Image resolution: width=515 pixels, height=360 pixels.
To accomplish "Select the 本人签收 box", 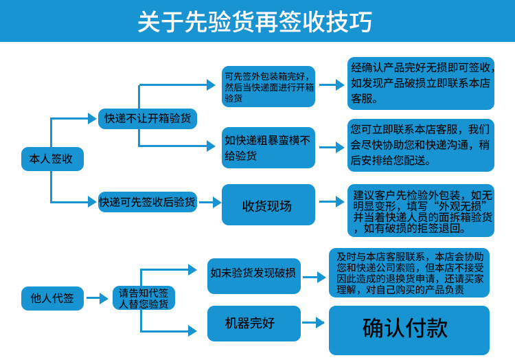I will (51, 159).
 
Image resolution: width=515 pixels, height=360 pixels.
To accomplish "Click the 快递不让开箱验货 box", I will (148, 118).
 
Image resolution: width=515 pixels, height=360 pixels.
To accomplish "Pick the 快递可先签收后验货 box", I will (148, 202).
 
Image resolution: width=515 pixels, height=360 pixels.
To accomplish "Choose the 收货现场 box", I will (268, 205).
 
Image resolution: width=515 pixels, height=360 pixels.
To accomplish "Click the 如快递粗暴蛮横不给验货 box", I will (268, 148).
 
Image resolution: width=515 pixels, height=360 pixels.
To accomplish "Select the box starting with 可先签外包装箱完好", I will (268, 87).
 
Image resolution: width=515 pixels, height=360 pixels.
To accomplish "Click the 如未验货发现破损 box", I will (253, 273).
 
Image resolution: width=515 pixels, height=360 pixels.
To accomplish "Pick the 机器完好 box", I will (253, 323).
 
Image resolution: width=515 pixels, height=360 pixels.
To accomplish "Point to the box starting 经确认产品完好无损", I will (420, 82).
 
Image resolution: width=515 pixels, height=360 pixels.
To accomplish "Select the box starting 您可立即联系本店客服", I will (420, 145).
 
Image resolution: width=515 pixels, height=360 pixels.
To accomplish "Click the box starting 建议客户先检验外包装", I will (420, 211).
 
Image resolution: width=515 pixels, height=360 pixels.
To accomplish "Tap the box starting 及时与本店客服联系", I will (409, 273).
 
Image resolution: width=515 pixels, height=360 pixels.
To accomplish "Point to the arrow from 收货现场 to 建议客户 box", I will (332, 202).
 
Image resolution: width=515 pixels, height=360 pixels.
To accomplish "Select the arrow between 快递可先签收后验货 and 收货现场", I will (209, 202).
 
